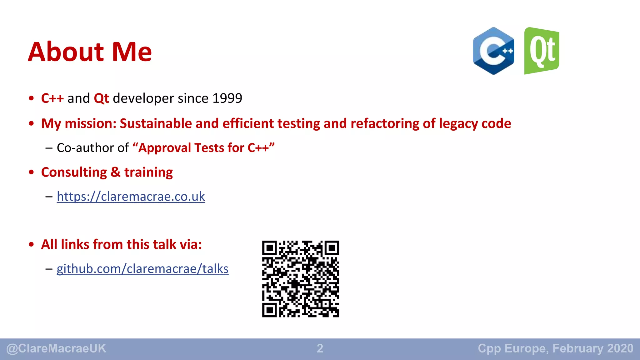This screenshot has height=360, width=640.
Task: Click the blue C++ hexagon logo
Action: pyautogui.click(x=493, y=51)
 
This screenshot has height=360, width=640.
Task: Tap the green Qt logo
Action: pyautogui.click(x=542, y=51)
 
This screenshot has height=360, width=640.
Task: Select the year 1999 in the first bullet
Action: pyautogui.click(x=227, y=98)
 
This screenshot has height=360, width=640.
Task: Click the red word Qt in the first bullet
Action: pyautogui.click(x=101, y=98)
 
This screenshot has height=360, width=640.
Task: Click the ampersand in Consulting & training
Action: pyautogui.click(x=115, y=172)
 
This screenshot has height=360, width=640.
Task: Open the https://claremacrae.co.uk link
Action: pyautogui.click(x=131, y=197)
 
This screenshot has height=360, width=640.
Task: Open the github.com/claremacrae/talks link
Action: pyautogui.click(x=142, y=269)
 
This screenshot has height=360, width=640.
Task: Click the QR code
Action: pyautogui.click(x=300, y=279)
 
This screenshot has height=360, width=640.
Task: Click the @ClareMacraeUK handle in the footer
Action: pyautogui.click(x=56, y=348)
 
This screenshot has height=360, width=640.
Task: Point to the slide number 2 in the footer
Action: pyautogui.click(x=320, y=348)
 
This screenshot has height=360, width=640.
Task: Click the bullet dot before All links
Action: pyautogui.click(x=31, y=245)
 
